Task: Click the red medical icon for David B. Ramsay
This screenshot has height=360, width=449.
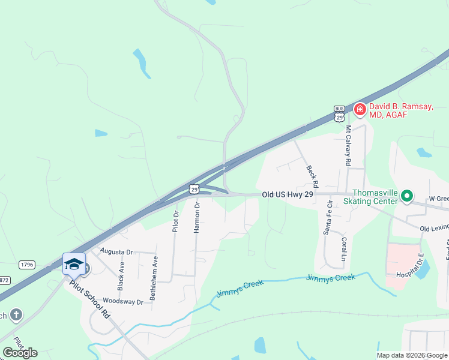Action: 360,109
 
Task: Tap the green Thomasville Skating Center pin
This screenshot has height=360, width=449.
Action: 406,196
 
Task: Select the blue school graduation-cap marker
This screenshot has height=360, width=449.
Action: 74,264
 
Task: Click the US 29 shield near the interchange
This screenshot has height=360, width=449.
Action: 194,189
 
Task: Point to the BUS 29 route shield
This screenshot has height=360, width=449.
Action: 339,115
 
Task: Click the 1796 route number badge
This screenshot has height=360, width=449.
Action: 27,264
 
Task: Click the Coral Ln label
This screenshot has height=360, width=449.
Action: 344,247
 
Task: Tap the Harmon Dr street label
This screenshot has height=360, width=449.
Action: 197,217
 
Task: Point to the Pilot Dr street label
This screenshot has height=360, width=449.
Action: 176,221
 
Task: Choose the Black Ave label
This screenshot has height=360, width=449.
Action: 121,276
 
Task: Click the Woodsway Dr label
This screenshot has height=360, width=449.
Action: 123,301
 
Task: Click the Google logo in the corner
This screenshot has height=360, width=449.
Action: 20,352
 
